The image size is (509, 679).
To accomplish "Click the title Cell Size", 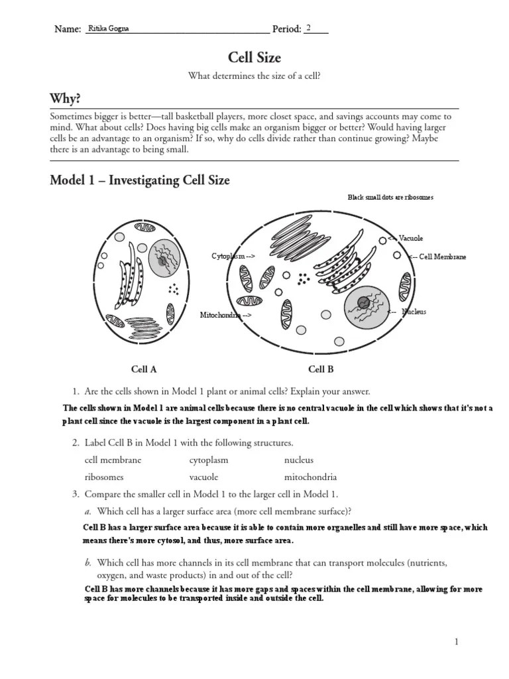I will (254, 58).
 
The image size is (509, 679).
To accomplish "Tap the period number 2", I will (309, 28).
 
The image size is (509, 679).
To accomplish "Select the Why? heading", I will (66, 99).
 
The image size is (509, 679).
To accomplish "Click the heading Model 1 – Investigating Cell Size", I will (140, 180).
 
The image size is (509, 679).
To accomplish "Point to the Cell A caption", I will (144, 369).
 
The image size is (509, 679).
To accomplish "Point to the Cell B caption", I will (321, 369).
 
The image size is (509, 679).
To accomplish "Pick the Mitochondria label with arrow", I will (225, 315).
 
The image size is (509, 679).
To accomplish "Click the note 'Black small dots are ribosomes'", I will (390, 198).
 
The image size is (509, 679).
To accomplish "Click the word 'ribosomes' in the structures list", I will (104, 477).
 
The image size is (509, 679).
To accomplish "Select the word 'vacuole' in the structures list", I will (203, 477).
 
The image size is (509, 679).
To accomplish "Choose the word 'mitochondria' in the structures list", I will (310, 477).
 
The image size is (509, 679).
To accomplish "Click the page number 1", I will (457, 641).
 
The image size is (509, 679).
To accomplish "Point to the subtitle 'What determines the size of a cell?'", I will (254, 77).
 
